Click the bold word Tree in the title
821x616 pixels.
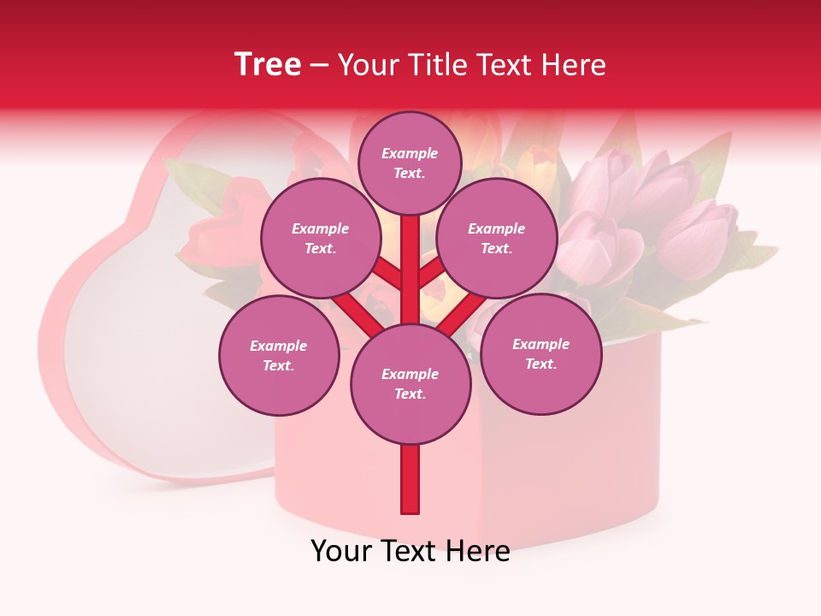(x=268, y=65)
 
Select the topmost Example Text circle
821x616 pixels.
(x=410, y=163)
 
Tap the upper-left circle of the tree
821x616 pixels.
(x=320, y=239)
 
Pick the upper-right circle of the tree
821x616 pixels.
(x=497, y=239)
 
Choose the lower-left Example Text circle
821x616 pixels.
(x=279, y=355)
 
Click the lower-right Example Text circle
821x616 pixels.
(x=541, y=353)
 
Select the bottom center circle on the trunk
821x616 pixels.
(x=410, y=383)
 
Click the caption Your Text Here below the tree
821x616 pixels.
(x=410, y=551)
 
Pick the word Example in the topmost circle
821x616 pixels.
(x=410, y=153)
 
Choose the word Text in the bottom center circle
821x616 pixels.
(x=410, y=394)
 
